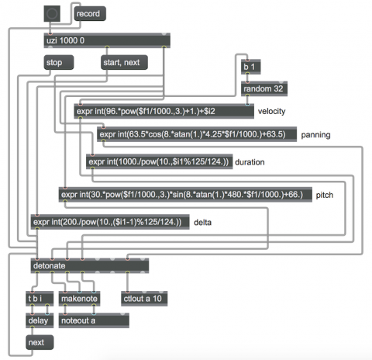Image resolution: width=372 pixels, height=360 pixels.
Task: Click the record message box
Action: pyautogui.click(x=90, y=13)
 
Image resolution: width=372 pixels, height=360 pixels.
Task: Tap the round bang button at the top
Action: pyautogui.click(x=52, y=14)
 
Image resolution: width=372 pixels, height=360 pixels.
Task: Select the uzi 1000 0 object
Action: pyautogui.click(x=107, y=40)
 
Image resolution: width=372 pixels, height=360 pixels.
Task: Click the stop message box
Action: pyautogui.click(x=59, y=62)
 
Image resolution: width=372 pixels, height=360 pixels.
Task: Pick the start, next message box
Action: pyautogui.click(x=124, y=62)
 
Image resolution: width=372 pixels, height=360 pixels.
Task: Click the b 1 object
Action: pyautogui.click(x=251, y=67)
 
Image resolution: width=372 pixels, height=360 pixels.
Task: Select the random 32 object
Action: pyautogui.click(x=264, y=88)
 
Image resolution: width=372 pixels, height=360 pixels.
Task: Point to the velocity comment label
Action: pyautogui.click(x=271, y=111)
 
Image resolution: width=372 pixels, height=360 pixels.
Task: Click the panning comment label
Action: pyautogui.click(x=315, y=135)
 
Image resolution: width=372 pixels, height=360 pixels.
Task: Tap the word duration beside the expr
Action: pyautogui.click(x=250, y=162)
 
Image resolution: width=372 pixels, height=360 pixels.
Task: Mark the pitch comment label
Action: pyautogui.click(x=325, y=195)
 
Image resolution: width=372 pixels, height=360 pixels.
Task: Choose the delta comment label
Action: pyautogui.click(x=202, y=222)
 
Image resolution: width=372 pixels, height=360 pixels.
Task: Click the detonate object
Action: pyautogui.click(x=90, y=265)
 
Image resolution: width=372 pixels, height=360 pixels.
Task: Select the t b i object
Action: pyautogui.click(x=40, y=299)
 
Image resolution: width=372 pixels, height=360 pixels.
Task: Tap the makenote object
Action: pyautogui.click(x=79, y=299)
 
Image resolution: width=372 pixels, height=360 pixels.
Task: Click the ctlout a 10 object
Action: pyautogui.click(x=144, y=299)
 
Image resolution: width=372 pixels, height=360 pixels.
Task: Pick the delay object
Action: pyautogui.click(x=40, y=320)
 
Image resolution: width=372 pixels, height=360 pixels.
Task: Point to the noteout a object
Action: pyautogui.click(x=94, y=320)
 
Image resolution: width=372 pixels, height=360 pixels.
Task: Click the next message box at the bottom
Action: pyautogui.click(x=40, y=342)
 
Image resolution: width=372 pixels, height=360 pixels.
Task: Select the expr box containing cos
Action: pyautogui.click(x=197, y=134)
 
